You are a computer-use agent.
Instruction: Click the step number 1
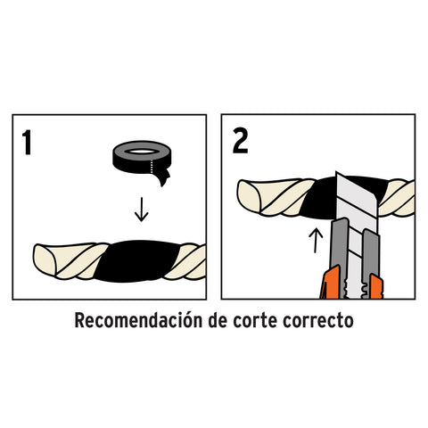click(28, 143)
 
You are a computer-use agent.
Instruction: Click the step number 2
click(240, 141)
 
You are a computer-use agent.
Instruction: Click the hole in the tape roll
click(142, 152)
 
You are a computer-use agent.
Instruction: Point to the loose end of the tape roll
click(162, 178)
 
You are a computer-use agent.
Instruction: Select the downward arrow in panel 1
click(142, 210)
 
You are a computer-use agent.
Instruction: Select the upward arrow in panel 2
click(316, 240)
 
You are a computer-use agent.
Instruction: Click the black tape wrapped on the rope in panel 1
click(137, 261)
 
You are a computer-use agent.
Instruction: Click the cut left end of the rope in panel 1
click(45, 259)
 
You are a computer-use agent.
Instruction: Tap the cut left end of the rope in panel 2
click(249, 195)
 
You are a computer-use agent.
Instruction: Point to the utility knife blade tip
click(336, 172)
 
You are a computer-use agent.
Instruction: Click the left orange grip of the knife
click(331, 283)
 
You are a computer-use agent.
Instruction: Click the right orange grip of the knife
click(376, 286)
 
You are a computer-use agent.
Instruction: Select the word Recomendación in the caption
click(138, 320)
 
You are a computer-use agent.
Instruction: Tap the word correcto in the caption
click(318, 321)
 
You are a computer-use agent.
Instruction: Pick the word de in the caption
click(218, 320)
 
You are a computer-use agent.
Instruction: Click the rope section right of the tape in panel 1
click(185, 261)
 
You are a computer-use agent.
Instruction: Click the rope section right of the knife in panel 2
click(397, 198)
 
